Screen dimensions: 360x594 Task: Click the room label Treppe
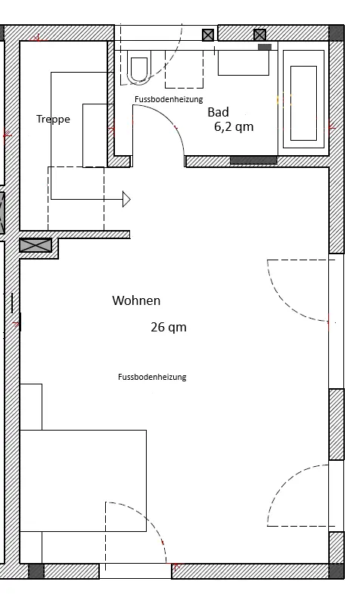click(54, 120)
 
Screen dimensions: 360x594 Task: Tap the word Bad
click(219, 112)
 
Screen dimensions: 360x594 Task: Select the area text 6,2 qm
click(234, 126)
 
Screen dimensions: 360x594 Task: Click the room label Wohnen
click(136, 300)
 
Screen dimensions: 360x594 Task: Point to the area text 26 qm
click(169, 327)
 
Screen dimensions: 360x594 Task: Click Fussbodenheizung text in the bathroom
click(169, 99)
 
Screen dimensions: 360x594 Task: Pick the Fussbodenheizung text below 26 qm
click(152, 377)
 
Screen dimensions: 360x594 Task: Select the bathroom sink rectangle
click(244, 63)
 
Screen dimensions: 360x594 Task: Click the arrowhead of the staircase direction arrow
click(126, 199)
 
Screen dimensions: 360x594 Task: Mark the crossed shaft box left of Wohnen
click(36, 245)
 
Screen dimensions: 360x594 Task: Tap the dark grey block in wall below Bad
click(253, 160)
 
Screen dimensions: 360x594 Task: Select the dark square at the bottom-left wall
click(36, 571)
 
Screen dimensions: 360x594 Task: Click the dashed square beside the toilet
click(184, 69)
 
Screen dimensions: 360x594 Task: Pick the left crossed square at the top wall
click(208, 36)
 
